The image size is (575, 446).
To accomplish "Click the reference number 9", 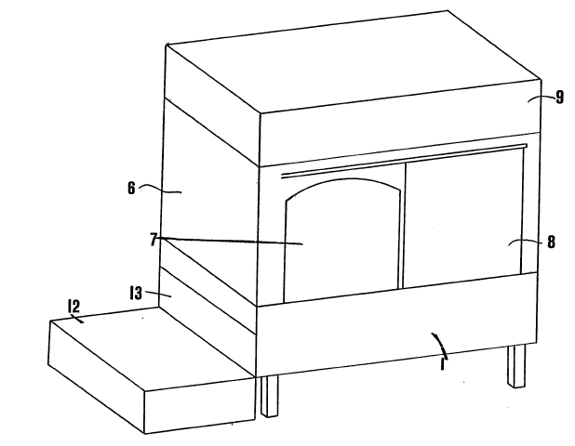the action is pyautogui.click(x=559, y=98).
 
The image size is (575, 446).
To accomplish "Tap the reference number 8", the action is pyautogui.click(x=551, y=242).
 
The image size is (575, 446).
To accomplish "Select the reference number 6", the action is pyautogui.click(x=131, y=189).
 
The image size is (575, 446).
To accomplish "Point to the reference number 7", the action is pyautogui.click(x=154, y=240).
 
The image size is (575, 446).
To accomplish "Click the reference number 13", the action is pyautogui.click(x=136, y=293).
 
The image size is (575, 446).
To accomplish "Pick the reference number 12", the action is pyautogui.click(x=74, y=306).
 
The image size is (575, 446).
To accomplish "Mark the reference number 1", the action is pyautogui.click(x=443, y=364).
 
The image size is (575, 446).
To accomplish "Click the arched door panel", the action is pyautogui.click(x=341, y=242).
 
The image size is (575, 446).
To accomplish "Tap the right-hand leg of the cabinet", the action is pyautogui.click(x=516, y=366).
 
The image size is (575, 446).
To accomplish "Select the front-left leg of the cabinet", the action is pyautogui.click(x=269, y=397).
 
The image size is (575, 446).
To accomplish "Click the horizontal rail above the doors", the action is pyautogui.click(x=404, y=161).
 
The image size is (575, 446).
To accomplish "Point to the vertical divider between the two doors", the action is pyautogui.click(x=404, y=225).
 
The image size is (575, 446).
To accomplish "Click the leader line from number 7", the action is pyautogui.click(x=231, y=241).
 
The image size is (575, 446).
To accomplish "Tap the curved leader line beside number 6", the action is pyautogui.click(x=159, y=189).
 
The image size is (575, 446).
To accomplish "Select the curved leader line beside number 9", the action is pyautogui.click(x=542, y=98).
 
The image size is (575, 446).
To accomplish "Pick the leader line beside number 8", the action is pyautogui.click(x=525, y=242).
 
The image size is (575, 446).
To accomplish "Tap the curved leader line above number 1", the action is pyautogui.click(x=441, y=345).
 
